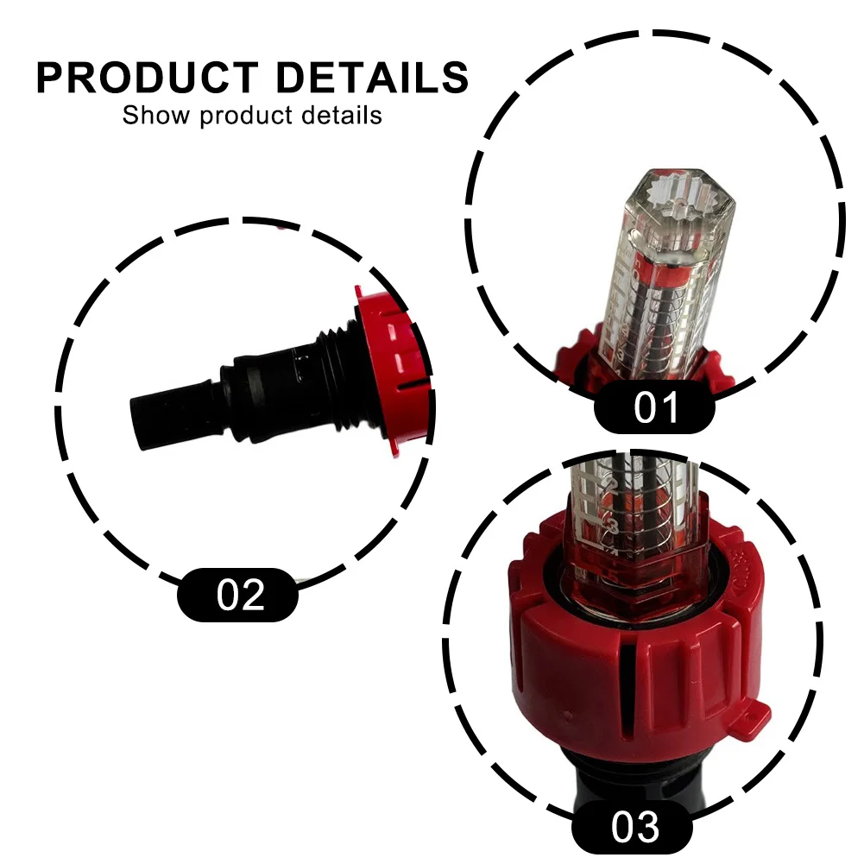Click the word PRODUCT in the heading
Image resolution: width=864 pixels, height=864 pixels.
click(x=147, y=77)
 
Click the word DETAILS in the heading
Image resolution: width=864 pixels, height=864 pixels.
click(x=372, y=77)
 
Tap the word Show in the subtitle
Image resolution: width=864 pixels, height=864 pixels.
click(x=156, y=115)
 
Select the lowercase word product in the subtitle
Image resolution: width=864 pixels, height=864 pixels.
click(x=246, y=117)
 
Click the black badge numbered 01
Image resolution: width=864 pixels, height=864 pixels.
click(x=654, y=407)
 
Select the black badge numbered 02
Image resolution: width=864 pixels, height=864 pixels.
click(x=237, y=595)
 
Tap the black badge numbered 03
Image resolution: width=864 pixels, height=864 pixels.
click(x=632, y=826)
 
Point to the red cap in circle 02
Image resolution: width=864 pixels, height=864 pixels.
click(x=393, y=370)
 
